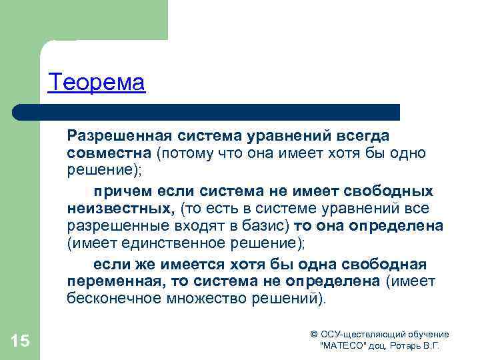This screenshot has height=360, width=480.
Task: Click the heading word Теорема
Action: point(96,83)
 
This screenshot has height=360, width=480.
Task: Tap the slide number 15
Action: point(20,341)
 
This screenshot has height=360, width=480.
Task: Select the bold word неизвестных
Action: point(121,208)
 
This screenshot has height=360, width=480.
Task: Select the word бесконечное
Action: point(113,298)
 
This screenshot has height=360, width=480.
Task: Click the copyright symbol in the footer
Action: point(314,335)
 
